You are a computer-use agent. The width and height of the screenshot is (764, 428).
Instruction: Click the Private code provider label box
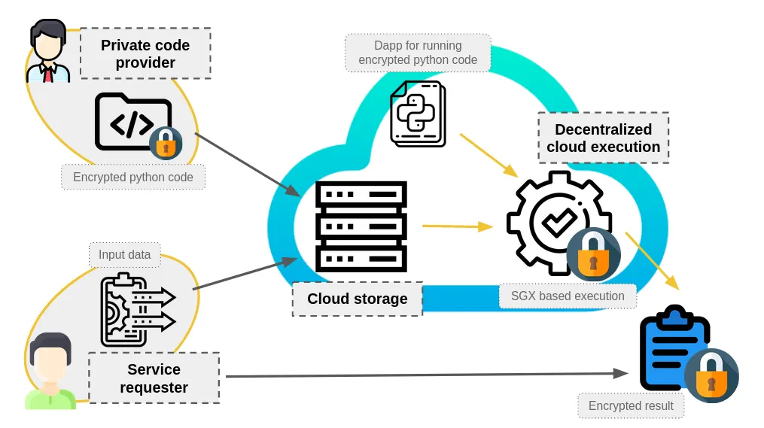click(145, 54)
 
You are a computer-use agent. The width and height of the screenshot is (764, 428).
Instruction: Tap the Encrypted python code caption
click(133, 178)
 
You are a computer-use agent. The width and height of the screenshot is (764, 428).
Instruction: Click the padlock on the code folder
click(166, 143)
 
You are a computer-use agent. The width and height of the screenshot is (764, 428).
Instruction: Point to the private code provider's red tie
click(49, 73)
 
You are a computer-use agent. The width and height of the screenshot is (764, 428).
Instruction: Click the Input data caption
click(124, 254)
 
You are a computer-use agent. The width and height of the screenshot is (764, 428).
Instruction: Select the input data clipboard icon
click(135, 309)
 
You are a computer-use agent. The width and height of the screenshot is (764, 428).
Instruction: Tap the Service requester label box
click(154, 378)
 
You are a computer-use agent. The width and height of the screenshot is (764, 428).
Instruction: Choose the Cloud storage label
click(357, 299)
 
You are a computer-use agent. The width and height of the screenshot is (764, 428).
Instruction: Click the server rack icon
click(361, 226)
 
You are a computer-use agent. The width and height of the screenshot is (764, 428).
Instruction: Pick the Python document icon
click(418, 114)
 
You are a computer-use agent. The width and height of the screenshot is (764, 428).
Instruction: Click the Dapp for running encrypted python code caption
click(418, 53)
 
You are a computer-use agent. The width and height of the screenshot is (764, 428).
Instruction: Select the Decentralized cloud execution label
click(603, 138)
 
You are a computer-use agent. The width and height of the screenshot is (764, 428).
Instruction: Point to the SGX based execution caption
click(568, 296)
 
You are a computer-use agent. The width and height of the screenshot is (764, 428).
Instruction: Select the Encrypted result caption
click(631, 406)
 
